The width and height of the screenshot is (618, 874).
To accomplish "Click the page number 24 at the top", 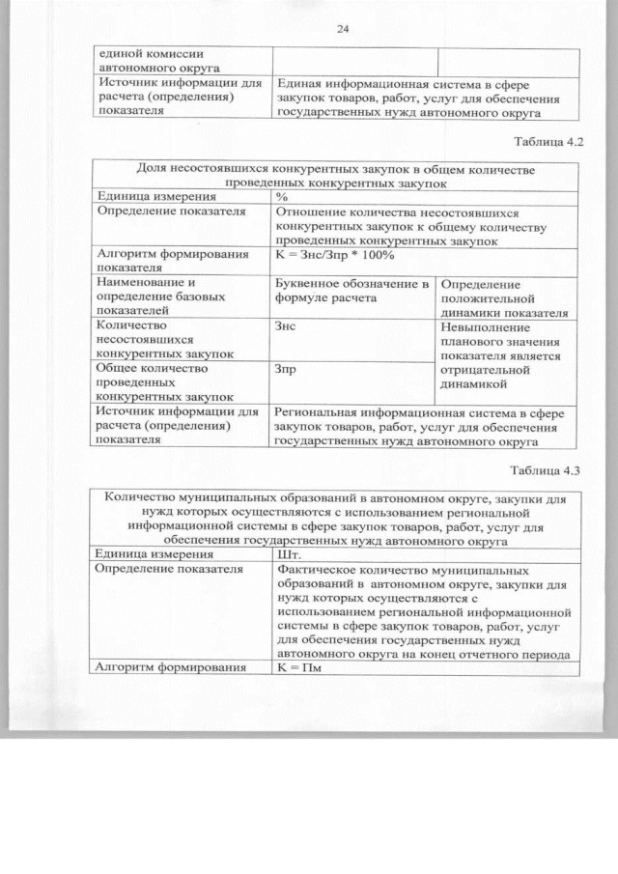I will [x=342, y=29].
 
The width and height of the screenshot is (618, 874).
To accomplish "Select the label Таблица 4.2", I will [x=548, y=142].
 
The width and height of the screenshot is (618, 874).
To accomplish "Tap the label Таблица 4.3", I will [x=548, y=470].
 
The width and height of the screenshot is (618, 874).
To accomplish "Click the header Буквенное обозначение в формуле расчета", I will [x=352, y=291].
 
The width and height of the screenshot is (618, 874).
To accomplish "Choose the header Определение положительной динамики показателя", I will [x=502, y=298].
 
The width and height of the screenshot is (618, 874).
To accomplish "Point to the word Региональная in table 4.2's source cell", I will [x=322, y=413].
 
